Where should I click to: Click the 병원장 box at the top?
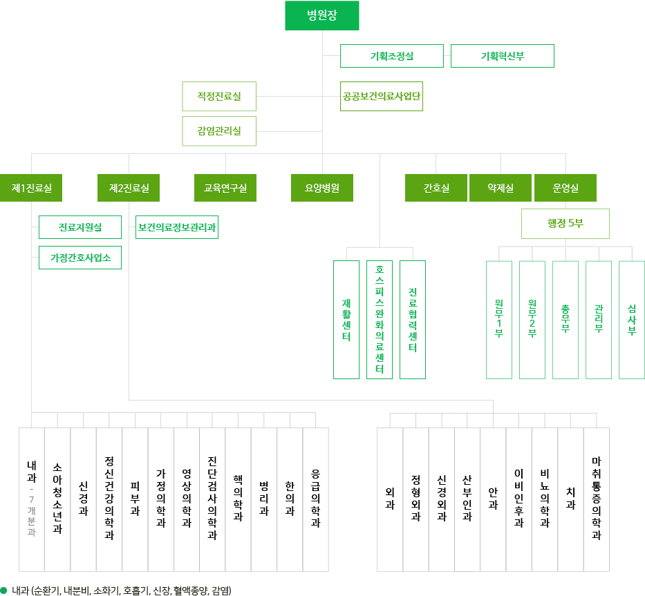coord(321,15)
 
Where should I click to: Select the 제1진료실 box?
coord(31,187)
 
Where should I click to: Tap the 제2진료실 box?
coord(129,187)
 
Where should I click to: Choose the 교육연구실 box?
coord(225,187)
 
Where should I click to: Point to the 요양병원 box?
coord(321,187)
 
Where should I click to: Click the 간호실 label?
coord(436,187)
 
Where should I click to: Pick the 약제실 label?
coord(501,187)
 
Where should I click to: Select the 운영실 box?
coord(565,187)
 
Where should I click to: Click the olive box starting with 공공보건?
coord(381,96)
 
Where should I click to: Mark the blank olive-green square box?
coord(218,114)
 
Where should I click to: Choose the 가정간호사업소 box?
coord(80,258)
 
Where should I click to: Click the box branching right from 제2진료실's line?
coord(176,227)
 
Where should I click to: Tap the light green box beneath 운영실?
coord(565,223)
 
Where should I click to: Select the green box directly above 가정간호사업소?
coord(80,227)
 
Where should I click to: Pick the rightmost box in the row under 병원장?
coord(502,56)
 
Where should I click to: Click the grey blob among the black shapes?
coord(31,515)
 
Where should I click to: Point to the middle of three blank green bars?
coord(379,320)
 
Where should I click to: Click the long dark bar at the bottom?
coord(109,590)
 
